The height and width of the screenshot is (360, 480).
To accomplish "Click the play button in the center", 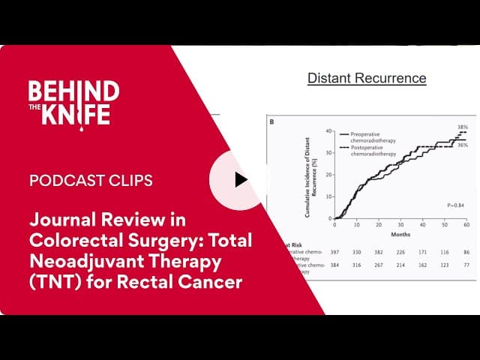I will [x=240, y=180].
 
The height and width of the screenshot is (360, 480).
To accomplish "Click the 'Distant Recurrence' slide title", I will [x=367, y=78].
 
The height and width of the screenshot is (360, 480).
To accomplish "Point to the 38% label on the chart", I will [x=462, y=127].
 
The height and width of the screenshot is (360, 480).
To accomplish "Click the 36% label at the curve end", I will [x=462, y=145].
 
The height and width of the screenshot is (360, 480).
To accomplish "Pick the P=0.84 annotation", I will [x=456, y=205].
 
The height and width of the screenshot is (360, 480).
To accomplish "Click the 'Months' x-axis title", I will [x=400, y=233].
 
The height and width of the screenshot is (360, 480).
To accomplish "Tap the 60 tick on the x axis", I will [x=466, y=223].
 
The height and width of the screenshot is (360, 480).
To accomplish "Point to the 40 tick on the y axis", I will [x=328, y=131].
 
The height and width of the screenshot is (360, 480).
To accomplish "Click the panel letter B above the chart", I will [x=271, y=121].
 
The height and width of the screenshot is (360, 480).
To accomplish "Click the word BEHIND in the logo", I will [x=73, y=91].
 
